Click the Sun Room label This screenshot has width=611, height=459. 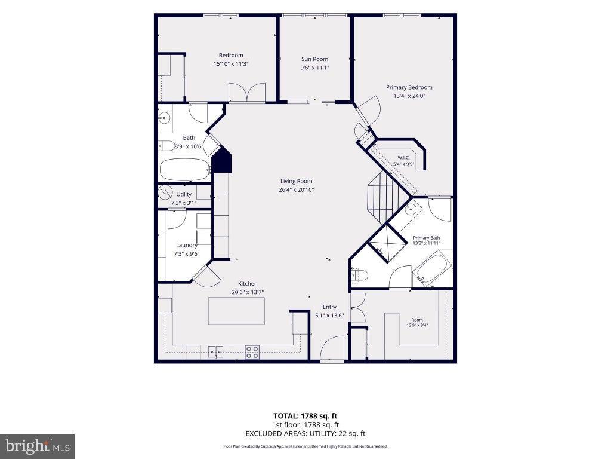(x=314, y=59)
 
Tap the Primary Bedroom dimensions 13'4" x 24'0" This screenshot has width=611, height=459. (x=409, y=96)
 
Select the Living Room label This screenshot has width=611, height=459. (x=296, y=181)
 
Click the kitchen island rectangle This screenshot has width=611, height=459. (x=236, y=311)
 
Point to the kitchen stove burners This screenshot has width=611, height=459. (x=252, y=352)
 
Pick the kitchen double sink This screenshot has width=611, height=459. (x=215, y=351)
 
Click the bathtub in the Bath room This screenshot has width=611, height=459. (x=185, y=169)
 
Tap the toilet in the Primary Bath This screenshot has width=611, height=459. (x=359, y=276)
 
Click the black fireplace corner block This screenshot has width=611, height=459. (x=223, y=160)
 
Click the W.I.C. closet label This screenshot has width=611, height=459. (x=403, y=158)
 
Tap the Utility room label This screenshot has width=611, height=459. (x=184, y=194)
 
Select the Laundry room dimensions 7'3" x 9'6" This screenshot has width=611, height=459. (x=187, y=253)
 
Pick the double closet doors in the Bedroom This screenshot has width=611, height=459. (x=246, y=92)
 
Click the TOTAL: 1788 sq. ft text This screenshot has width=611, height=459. (x=305, y=416)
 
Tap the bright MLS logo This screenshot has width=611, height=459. (x=38, y=446)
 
